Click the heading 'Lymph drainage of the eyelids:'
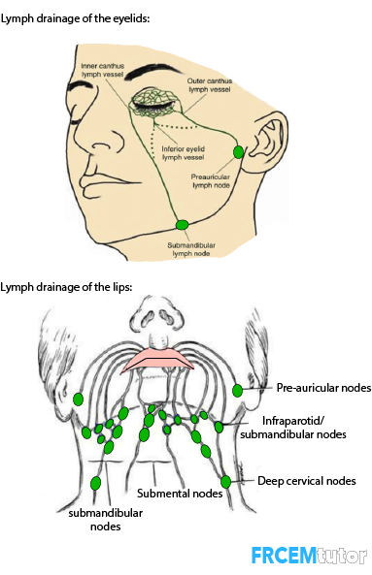point(75,18)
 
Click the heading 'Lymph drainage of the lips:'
point(66,287)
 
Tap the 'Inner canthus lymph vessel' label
point(102,70)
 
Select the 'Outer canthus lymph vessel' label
point(210,85)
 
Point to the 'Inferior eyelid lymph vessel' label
point(184,153)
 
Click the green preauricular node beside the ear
point(238,152)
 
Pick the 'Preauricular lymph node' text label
point(211,180)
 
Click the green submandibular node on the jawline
point(183,224)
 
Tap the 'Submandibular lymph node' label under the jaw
point(191,249)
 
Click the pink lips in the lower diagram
point(157,359)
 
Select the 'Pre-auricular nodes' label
point(323,388)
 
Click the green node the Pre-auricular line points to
point(238,391)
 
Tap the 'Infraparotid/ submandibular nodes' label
point(293,428)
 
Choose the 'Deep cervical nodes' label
point(307,481)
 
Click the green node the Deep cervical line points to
point(226,482)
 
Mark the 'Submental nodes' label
point(180,494)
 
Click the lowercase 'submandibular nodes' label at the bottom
point(106,520)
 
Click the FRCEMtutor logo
point(309,556)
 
